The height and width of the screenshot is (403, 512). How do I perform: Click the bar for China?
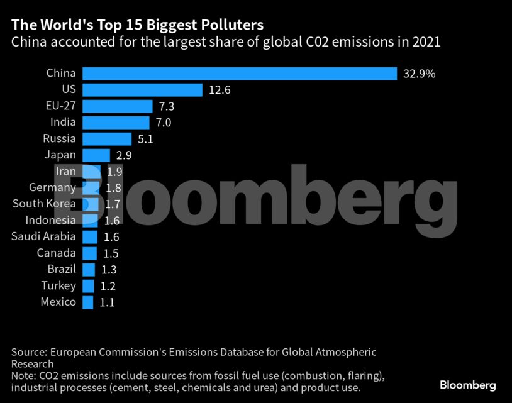(x=239, y=74)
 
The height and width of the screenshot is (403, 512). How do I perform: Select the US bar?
(x=142, y=90)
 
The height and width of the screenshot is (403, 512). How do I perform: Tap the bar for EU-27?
(x=117, y=106)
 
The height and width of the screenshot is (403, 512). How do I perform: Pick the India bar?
(x=116, y=123)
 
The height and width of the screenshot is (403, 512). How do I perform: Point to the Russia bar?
(x=106, y=139)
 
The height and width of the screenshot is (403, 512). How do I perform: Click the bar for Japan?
(x=96, y=155)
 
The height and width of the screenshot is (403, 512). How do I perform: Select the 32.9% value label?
(x=418, y=74)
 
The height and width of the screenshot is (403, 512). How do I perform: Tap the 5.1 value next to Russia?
(x=145, y=139)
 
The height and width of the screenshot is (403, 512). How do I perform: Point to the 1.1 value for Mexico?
(x=107, y=302)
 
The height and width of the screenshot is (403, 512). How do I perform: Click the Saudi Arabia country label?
(x=43, y=236)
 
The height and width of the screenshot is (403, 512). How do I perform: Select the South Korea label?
(x=44, y=204)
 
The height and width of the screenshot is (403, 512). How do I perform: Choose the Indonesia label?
(x=50, y=220)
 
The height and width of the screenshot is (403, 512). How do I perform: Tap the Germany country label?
(x=52, y=187)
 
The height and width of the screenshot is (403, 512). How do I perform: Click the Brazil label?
(x=62, y=269)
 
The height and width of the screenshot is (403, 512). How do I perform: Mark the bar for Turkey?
(x=88, y=286)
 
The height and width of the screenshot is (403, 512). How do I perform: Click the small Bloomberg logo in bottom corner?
(x=467, y=385)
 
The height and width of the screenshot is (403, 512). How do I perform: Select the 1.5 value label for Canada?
(x=111, y=253)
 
